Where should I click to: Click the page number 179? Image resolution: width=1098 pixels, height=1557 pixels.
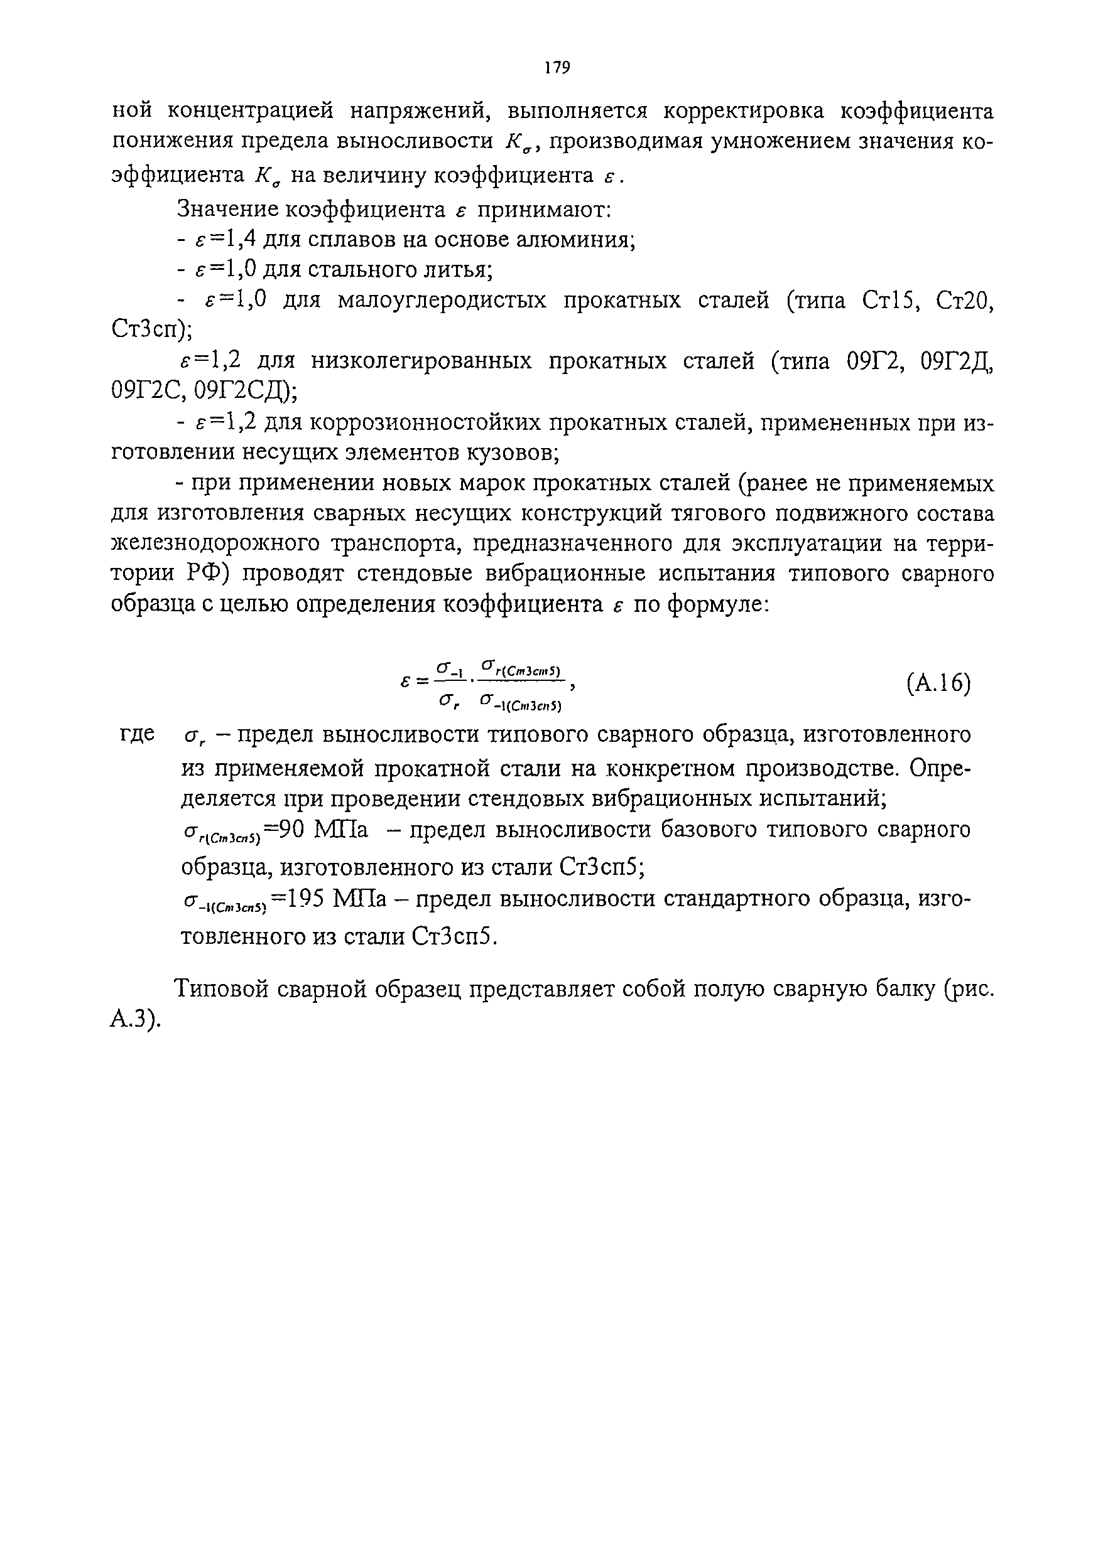click(x=557, y=67)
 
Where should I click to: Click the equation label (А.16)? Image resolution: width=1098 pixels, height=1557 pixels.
click(x=938, y=683)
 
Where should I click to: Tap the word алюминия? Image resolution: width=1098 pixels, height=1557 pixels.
click(x=579, y=240)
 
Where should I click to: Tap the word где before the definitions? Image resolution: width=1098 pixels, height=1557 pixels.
click(x=138, y=734)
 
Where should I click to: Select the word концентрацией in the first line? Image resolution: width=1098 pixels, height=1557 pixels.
click(x=251, y=110)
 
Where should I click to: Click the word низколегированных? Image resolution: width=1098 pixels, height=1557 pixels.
click(x=421, y=361)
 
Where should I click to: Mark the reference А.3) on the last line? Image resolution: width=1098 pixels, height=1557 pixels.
click(x=135, y=1020)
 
